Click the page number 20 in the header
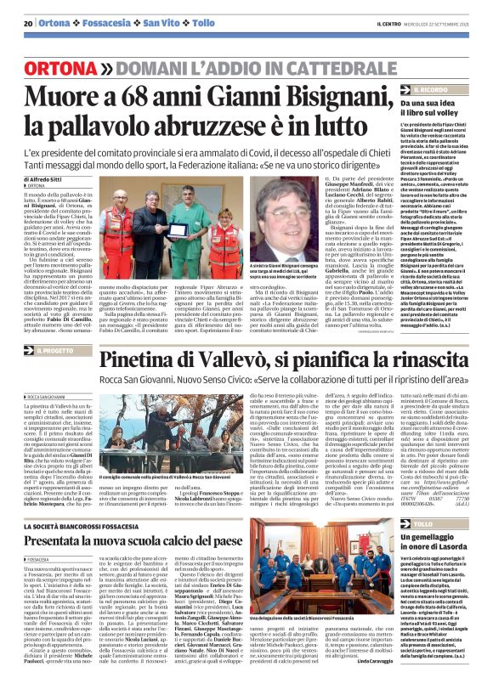coord(28,22)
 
